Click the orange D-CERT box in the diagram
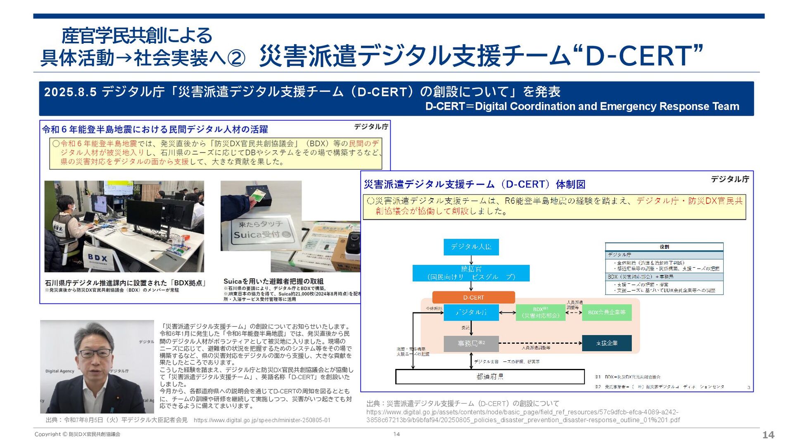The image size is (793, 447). [x=473, y=297]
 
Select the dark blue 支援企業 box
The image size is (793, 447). [x=607, y=343]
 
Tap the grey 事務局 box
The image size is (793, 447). [x=471, y=343]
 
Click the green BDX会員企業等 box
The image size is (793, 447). [x=607, y=312]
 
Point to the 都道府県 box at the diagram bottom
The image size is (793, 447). [x=490, y=376]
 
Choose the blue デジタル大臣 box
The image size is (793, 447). [x=471, y=247]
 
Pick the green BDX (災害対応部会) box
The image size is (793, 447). [x=541, y=312]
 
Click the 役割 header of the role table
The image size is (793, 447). [x=664, y=247]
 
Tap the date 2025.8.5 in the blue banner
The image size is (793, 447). [x=70, y=92]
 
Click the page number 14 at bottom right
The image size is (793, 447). [x=768, y=435]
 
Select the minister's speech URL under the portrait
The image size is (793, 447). [x=262, y=420]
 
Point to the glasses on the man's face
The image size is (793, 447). [x=95, y=353]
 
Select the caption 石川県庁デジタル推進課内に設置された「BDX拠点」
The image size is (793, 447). [x=125, y=283]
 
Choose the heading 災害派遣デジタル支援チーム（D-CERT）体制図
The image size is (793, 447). [x=475, y=184]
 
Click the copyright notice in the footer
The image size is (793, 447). [x=77, y=434]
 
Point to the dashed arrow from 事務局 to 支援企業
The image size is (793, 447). [x=540, y=343]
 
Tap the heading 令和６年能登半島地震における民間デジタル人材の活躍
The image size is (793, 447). [x=155, y=129]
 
